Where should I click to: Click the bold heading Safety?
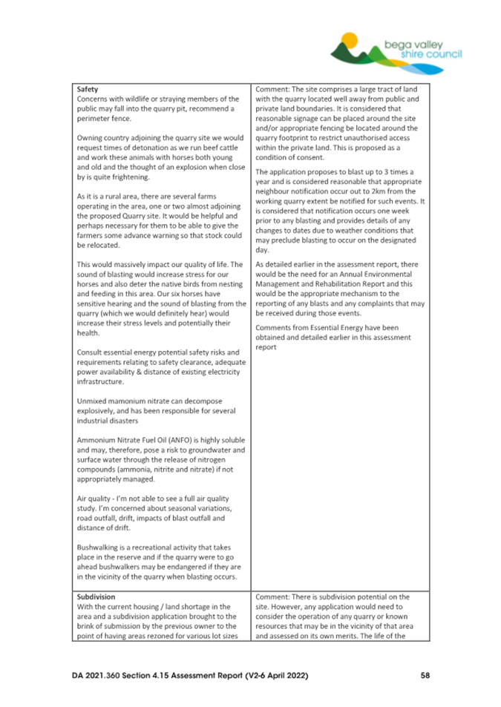point(88,89)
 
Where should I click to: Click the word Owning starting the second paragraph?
point(91,138)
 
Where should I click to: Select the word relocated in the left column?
point(108,246)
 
